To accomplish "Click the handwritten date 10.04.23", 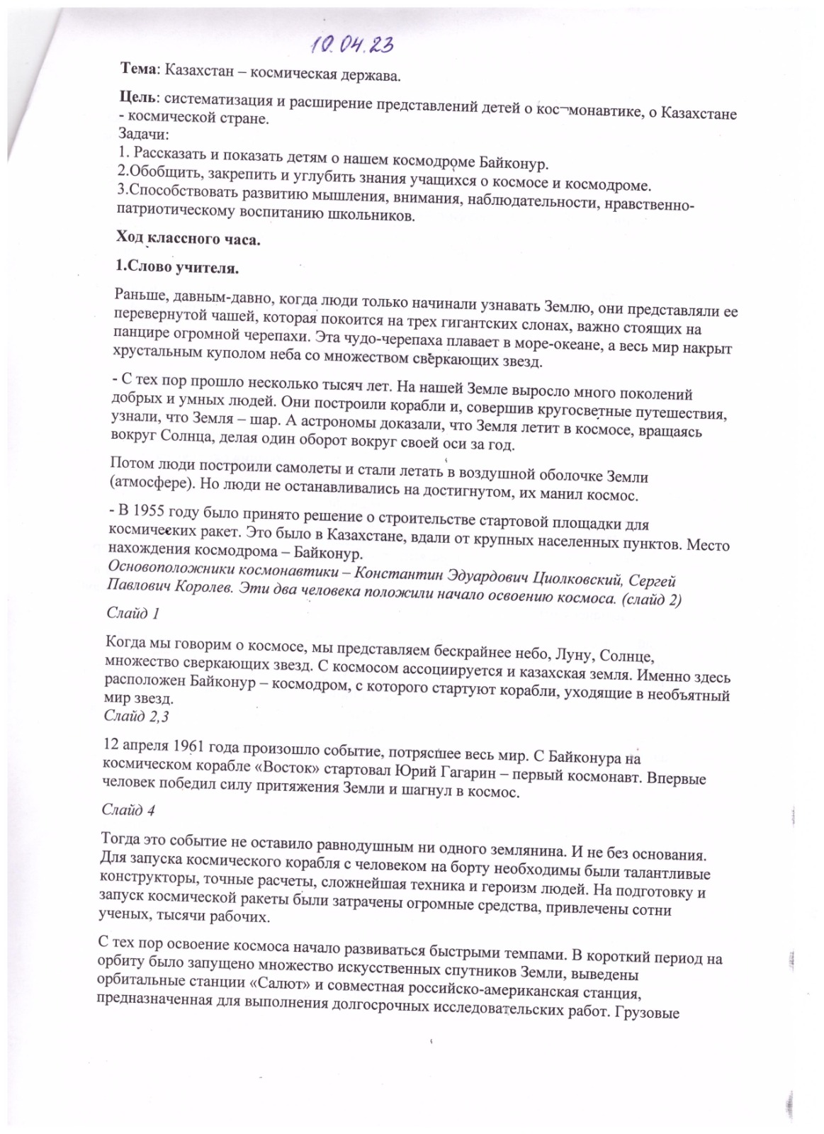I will pos(351,45).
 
